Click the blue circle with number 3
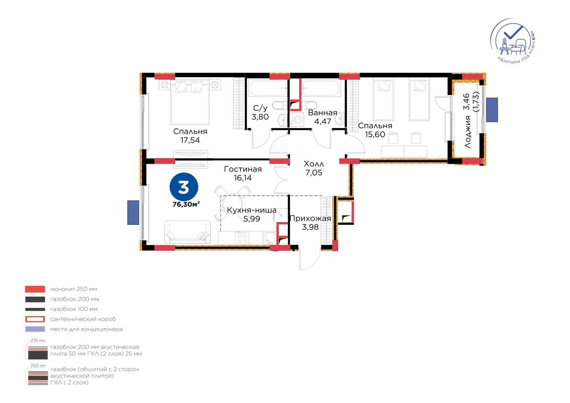(184, 187)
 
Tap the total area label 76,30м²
(186, 205)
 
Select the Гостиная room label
(243, 169)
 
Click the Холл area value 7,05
(314, 172)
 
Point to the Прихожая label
(310, 218)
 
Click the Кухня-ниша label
(252, 210)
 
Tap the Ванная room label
(323, 113)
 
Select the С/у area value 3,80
(260, 117)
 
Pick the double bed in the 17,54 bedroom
(190, 102)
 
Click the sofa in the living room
(187, 232)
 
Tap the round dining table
(233, 203)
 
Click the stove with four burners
(242, 238)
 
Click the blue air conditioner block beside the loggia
(492, 110)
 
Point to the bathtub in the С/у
(268, 88)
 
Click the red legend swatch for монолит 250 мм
(35, 289)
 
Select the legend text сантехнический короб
(83, 319)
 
